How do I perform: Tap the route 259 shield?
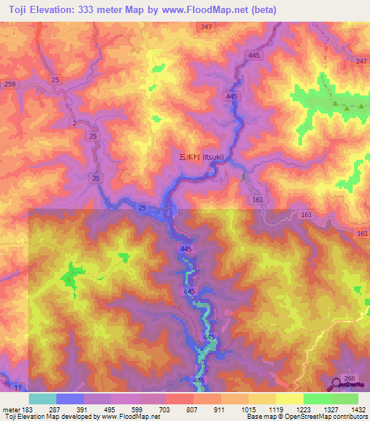pyautogui.click(x=9, y=85)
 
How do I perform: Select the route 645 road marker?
pyautogui.click(x=189, y=291)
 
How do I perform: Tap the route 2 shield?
pyautogui.click(x=74, y=124)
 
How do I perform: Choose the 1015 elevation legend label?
pyautogui.click(x=248, y=409)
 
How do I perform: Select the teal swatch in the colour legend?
pyautogui.click(x=43, y=399)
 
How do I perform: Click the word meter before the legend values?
pyautogui.click(x=10, y=409)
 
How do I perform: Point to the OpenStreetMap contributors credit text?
pyautogui.click(x=333, y=417)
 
